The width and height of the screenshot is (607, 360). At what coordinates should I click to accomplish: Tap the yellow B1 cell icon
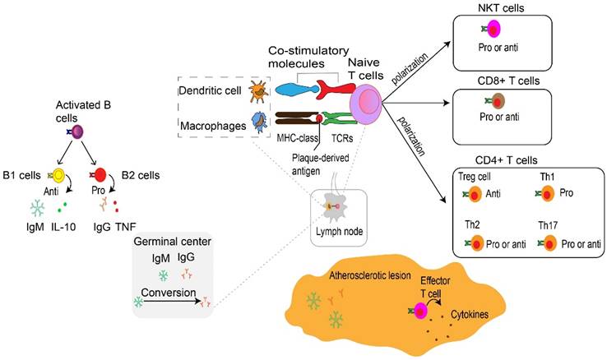[x=58, y=176]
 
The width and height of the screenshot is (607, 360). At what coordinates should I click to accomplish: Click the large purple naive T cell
[x=368, y=105]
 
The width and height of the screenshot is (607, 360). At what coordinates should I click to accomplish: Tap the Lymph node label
[x=338, y=232]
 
